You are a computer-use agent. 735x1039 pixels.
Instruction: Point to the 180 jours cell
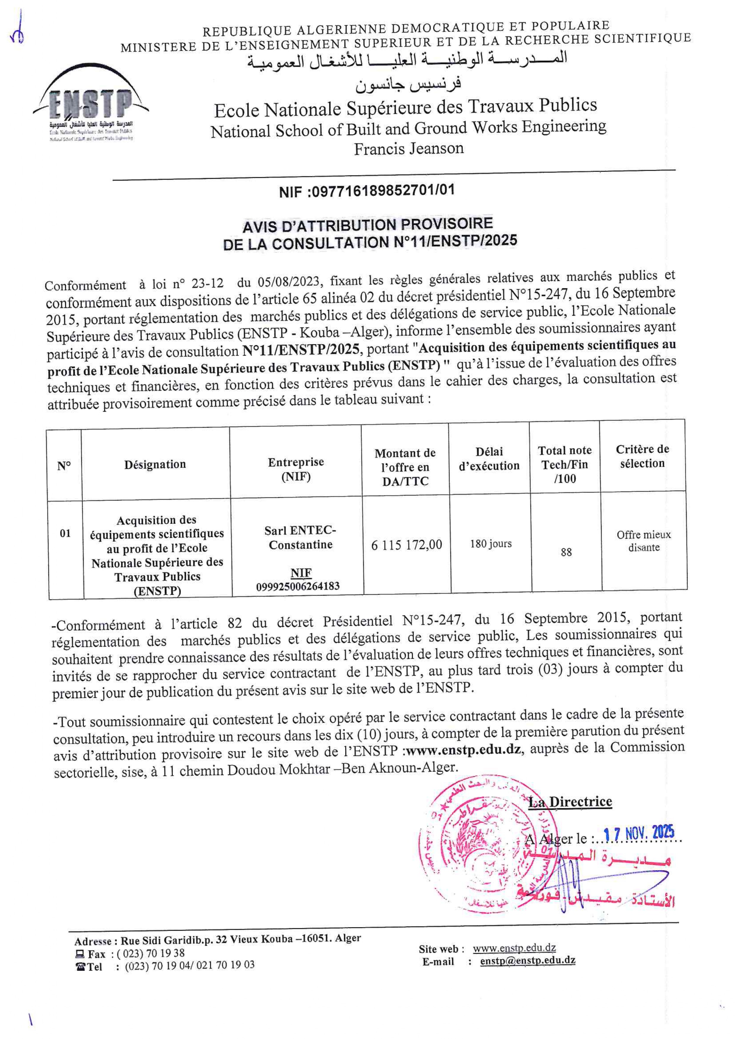[490, 543]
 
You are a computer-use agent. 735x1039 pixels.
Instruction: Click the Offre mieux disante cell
[643, 541]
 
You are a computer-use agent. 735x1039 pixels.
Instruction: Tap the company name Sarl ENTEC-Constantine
[300, 537]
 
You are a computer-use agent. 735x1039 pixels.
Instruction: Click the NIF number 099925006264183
[298, 586]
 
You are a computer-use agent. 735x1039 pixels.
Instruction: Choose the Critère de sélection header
[642, 456]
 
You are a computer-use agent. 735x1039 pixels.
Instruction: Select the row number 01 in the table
[65, 533]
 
